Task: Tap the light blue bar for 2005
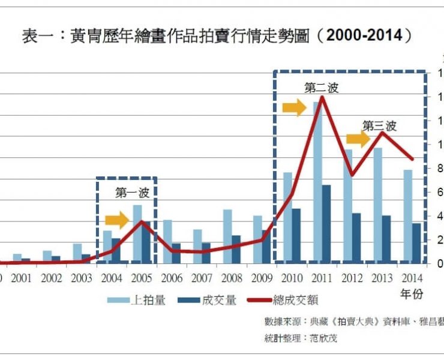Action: (x=137, y=234)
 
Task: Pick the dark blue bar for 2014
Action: (x=416, y=243)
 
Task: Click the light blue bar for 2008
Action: (x=227, y=236)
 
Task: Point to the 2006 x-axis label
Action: (x=172, y=278)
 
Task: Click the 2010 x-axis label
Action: (x=292, y=278)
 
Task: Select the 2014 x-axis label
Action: (x=412, y=278)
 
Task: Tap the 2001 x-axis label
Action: (x=22, y=278)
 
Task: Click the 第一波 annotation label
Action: (x=132, y=193)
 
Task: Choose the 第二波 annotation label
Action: (x=322, y=88)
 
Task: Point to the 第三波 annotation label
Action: (x=379, y=126)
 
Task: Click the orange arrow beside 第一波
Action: (x=118, y=220)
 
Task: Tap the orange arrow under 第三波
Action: (x=358, y=140)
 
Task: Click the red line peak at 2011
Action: (x=322, y=97)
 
